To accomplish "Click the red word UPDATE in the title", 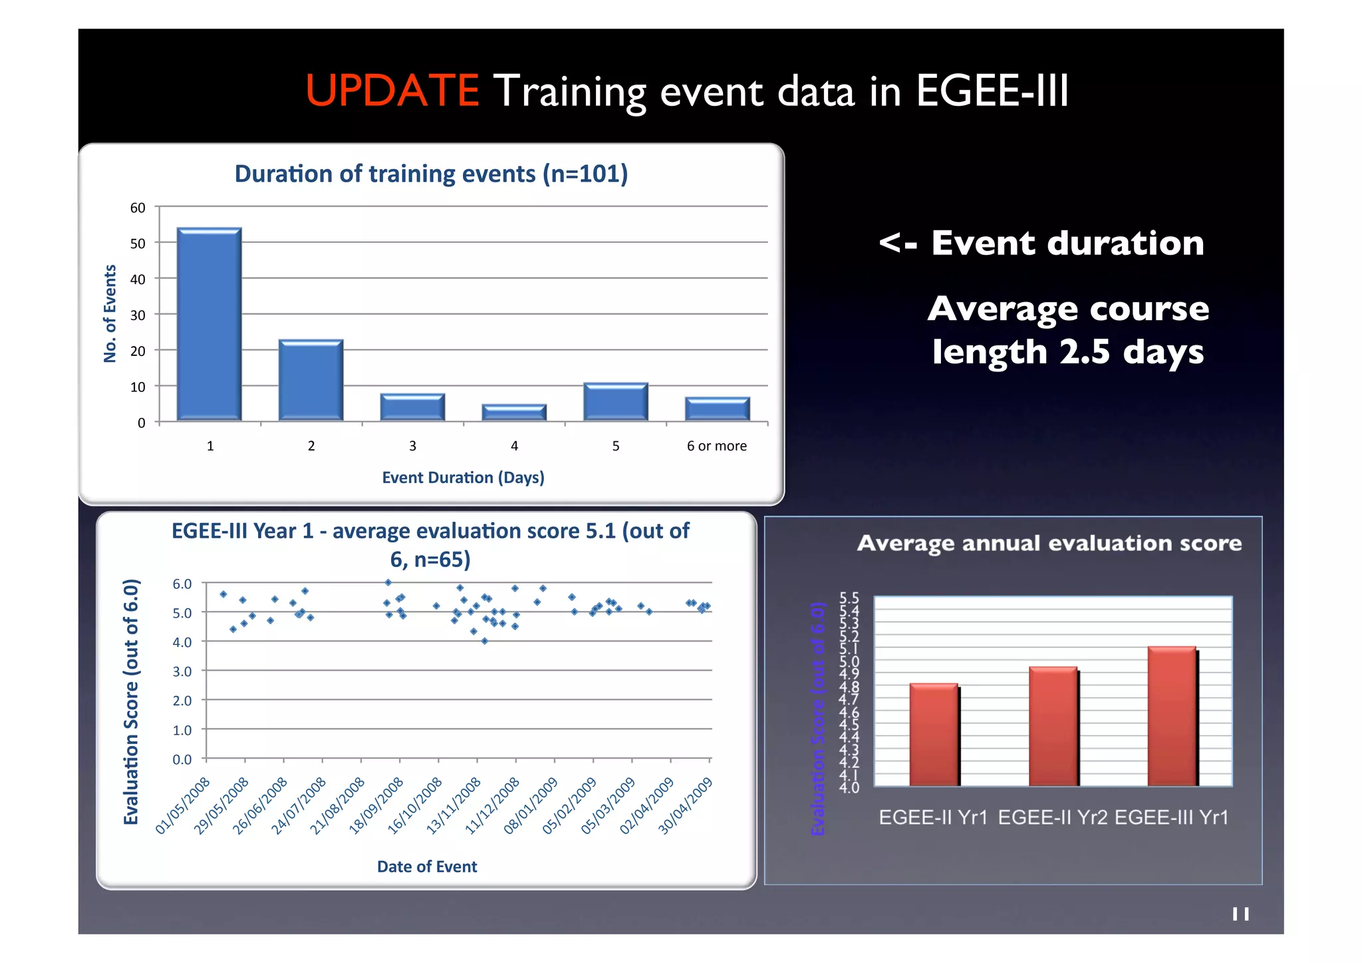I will (392, 91).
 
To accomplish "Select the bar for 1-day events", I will (209, 325).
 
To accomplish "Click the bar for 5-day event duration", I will (616, 402).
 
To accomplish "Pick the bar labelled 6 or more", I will (717, 409).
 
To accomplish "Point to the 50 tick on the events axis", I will (138, 244).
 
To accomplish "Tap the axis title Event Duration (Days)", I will (463, 477).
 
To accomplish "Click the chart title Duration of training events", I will (431, 174).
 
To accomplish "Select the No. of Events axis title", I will (110, 313).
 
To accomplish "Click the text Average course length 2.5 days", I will (1067, 330).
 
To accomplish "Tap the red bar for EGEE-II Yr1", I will (934, 735).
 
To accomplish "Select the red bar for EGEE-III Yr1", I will (1172, 716).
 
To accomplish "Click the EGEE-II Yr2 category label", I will (1052, 817).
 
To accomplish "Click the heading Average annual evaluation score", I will (1049, 543).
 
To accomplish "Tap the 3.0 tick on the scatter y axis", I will (182, 672).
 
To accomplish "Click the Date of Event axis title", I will (427, 867).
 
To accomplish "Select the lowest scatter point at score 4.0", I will (485, 641).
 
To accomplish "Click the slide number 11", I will (1240, 914).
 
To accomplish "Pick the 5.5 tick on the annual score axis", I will (849, 597).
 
